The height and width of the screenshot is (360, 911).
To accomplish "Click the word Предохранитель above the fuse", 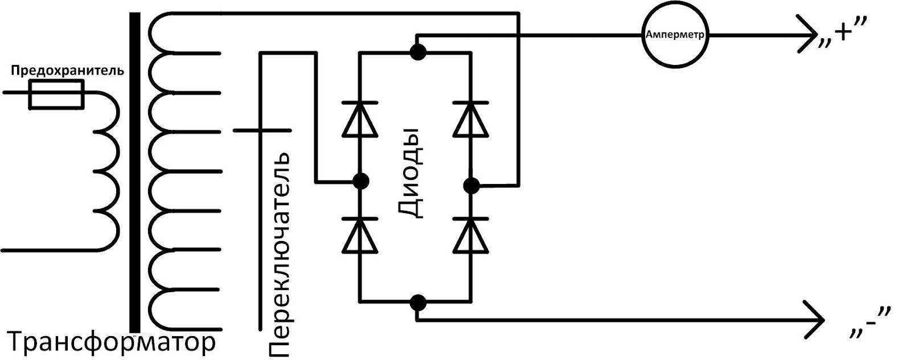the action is coord(68,71).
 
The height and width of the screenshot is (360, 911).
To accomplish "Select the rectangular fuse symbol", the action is coord(56,95).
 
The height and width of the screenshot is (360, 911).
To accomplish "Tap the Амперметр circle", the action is coord(675,35).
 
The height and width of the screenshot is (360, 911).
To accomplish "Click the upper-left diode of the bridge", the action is coord(360,119).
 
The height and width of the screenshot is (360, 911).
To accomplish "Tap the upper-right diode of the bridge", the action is coord(470,119).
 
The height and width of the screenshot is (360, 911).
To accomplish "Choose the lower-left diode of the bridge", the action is coord(360,235).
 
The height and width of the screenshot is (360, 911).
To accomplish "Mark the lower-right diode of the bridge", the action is coord(470,235).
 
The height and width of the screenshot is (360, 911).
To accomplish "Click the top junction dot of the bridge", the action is coord(418,52).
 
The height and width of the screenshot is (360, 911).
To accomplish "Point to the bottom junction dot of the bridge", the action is coord(418,303).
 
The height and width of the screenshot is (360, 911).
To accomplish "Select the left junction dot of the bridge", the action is coord(360,181).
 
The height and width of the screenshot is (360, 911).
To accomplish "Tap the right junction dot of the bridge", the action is coord(471,186).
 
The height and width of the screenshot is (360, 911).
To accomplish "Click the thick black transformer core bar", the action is coord(135,173).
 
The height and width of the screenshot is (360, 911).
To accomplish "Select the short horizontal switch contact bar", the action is coord(262,130).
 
